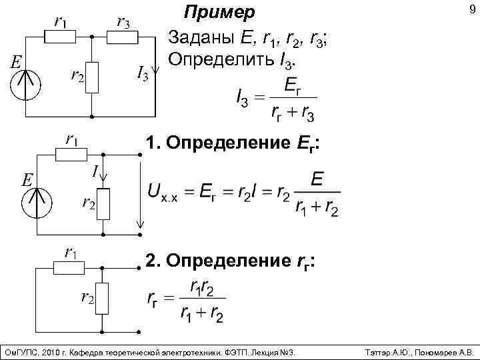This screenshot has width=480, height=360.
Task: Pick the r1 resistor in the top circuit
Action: click(x=60, y=39)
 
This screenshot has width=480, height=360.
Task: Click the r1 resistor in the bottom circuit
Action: click(x=69, y=267)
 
